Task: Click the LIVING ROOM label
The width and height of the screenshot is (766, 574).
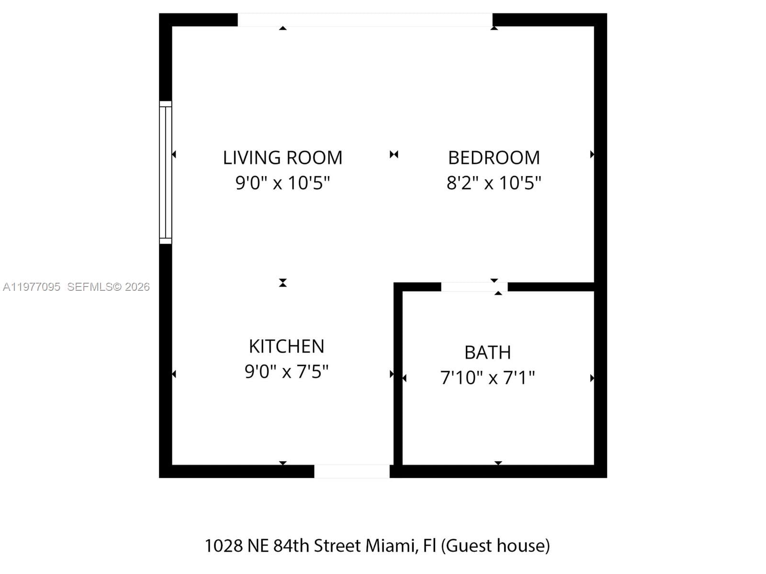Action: (282, 158)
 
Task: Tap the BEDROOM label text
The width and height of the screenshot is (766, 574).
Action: (494, 158)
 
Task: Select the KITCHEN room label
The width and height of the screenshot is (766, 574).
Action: (286, 346)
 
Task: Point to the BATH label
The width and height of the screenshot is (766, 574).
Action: (487, 353)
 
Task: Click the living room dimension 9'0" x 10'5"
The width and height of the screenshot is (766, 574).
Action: (282, 183)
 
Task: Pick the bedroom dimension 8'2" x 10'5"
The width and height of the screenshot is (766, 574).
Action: (494, 183)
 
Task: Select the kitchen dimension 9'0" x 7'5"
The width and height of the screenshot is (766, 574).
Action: (286, 371)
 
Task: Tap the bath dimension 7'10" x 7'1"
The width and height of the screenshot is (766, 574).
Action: (487, 377)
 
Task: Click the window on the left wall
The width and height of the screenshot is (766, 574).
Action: (165, 172)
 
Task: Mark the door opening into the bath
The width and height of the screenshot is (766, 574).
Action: (474, 287)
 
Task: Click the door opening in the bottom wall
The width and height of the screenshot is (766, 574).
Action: (352, 471)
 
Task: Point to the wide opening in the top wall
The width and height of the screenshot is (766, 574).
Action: (365, 20)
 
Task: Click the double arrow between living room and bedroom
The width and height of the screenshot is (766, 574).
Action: (394, 155)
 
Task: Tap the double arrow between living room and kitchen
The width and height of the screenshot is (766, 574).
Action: (283, 283)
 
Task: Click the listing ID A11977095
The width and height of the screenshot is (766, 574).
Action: (32, 287)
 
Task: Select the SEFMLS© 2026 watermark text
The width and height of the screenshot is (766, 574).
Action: (108, 287)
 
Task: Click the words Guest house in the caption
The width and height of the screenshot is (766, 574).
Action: (496, 546)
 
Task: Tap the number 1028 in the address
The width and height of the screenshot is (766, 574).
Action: (224, 546)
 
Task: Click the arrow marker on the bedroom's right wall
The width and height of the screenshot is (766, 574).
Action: (592, 155)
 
